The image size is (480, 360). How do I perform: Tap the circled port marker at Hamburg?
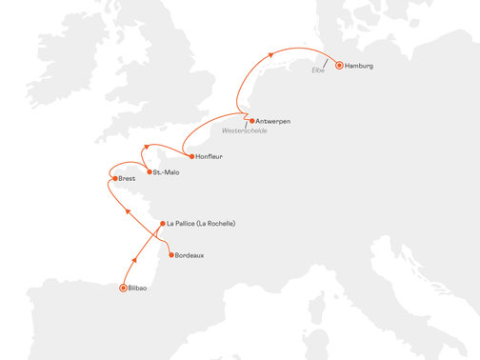coord(338,67)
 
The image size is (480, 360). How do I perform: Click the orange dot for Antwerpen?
coord(252,122)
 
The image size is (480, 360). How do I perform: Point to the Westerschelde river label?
coord(245,130)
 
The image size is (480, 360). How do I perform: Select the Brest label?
coord(128,178)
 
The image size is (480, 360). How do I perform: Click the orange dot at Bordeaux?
coord(171,255)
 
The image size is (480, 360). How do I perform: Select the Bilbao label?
coord(139,288)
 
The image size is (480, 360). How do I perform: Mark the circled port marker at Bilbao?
coord(122,288)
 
